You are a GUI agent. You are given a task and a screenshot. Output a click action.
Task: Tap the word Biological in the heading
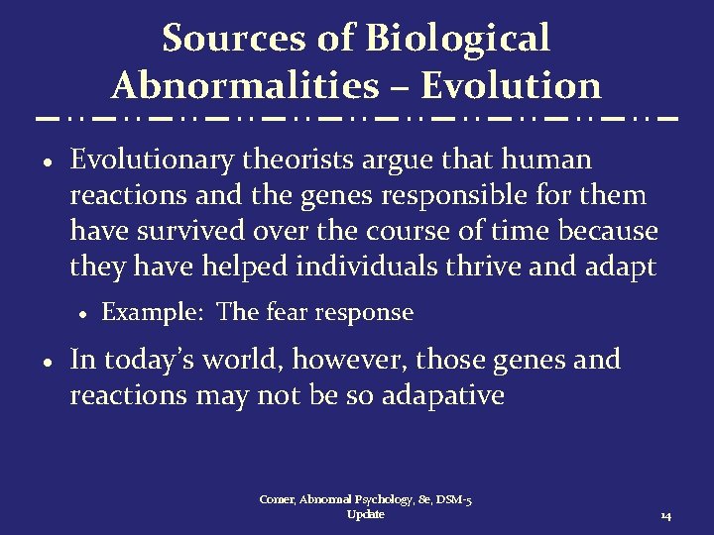(457, 39)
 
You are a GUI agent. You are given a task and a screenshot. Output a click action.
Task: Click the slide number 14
(665, 516)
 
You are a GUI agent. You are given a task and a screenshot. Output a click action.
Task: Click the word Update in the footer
(366, 515)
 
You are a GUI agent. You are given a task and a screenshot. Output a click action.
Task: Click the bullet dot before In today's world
(48, 361)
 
